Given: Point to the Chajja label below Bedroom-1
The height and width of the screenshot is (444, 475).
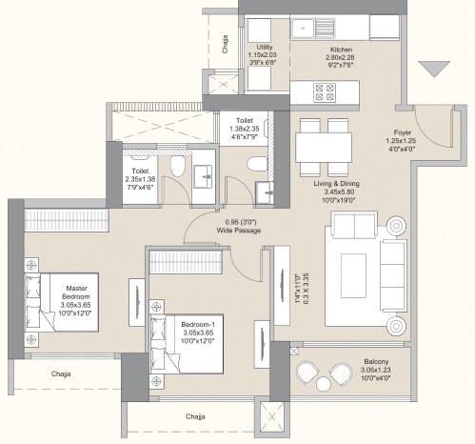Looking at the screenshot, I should [x=196, y=416].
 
